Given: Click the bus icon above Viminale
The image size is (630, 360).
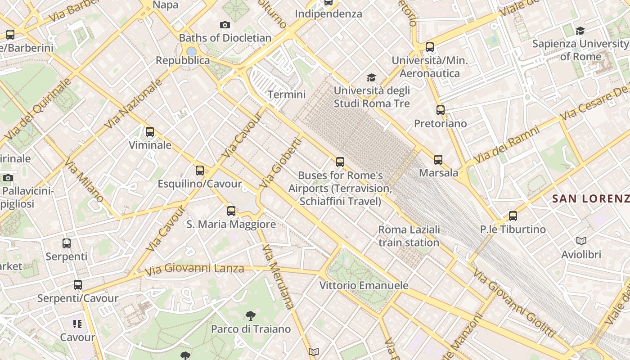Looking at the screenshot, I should (150, 132).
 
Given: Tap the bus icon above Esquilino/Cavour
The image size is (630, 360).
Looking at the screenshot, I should (200, 171).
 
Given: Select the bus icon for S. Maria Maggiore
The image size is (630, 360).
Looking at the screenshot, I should (231, 211).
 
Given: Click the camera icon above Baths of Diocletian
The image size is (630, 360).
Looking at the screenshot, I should (225, 25).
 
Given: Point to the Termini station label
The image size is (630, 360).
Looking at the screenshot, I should (287, 94).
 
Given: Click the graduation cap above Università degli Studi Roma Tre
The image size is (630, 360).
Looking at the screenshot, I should (371, 78).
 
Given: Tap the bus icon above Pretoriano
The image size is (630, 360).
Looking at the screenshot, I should (441, 110).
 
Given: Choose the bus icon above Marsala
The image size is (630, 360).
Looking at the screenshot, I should (438, 159).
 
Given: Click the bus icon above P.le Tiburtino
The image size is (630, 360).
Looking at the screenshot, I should (513, 216).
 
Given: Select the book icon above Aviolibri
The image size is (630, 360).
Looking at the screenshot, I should (581, 241).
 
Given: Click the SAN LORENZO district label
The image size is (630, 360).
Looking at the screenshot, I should (590, 198).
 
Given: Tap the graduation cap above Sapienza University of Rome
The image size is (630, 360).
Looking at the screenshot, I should (580, 31).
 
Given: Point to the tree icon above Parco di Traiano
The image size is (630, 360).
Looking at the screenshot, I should (251, 315).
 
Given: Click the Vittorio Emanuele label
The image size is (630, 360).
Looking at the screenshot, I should (364, 285).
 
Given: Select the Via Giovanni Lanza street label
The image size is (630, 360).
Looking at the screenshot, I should (194, 269).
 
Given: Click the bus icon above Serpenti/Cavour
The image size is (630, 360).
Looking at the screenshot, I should (78, 285).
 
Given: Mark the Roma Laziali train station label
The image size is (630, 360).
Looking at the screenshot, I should (409, 236).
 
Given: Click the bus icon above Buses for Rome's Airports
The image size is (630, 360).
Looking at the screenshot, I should (340, 162).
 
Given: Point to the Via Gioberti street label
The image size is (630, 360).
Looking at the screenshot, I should (280, 163).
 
